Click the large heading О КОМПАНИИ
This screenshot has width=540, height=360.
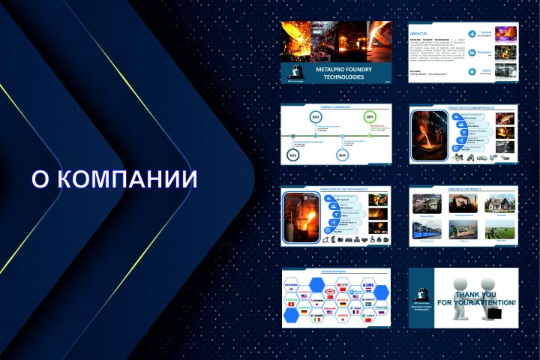[114, 179]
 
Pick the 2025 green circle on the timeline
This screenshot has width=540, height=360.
[369, 117]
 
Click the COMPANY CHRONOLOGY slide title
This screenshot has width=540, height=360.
[336, 106]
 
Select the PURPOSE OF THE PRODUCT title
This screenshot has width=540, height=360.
[464, 189]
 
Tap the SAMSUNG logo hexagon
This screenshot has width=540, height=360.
[292, 286]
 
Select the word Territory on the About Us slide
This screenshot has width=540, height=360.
[485, 31]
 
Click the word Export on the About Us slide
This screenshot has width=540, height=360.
[487, 71]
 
